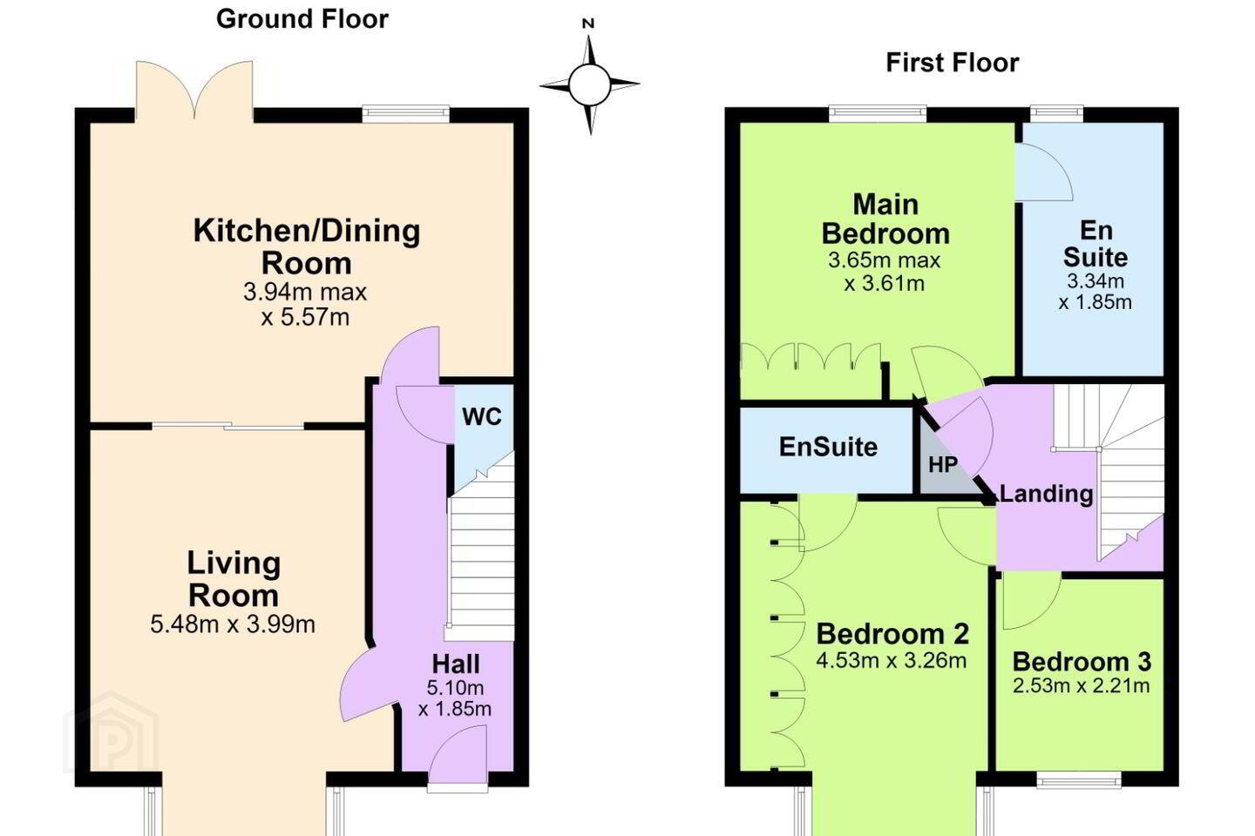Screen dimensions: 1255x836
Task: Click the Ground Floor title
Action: coord(302,19)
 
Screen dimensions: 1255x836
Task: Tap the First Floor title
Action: coord(952,62)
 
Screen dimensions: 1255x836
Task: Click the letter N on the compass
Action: coord(587,24)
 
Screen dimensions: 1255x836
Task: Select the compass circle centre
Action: coord(589,85)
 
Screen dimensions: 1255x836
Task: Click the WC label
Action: coord(482,416)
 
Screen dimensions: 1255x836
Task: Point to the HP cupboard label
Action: coord(943,464)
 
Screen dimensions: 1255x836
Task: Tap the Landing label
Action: coord(1046,494)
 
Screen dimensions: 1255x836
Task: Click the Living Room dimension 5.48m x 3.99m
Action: coord(233,624)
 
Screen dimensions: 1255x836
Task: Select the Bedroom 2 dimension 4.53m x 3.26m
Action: coord(892,660)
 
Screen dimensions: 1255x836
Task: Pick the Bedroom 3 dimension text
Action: coord(1082,685)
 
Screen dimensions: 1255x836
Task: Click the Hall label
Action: coord(456,664)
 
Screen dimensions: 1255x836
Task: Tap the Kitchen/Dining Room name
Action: coord(307,247)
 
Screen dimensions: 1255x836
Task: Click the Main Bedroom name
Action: coord(885,219)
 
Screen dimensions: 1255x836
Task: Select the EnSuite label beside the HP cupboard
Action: coord(828,447)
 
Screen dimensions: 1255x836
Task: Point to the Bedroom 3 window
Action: coord(1079,779)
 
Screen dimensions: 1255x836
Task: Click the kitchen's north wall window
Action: coord(405,114)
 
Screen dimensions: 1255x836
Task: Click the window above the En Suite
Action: coord(1056,114)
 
